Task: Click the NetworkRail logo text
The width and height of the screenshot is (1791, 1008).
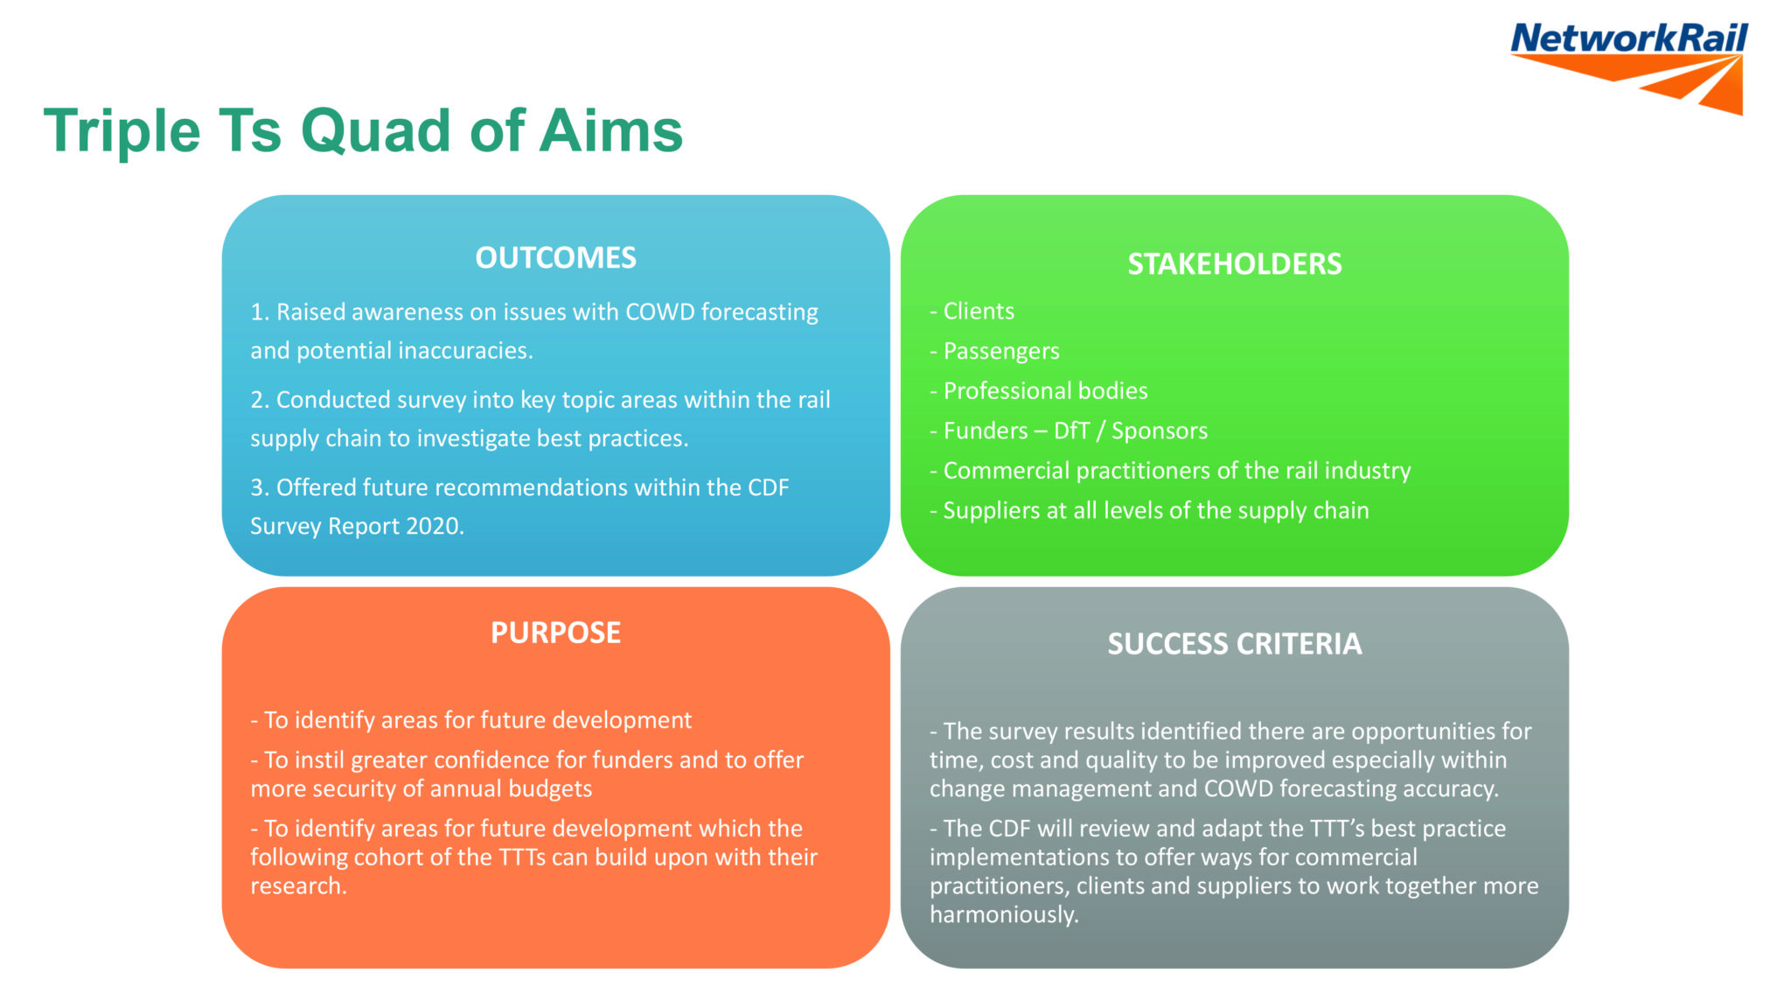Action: [1628, 38]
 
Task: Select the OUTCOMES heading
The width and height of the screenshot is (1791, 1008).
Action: [555, 257]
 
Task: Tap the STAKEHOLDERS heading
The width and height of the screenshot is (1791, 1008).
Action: [1234, 263]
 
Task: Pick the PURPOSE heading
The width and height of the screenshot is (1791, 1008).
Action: [555, 632]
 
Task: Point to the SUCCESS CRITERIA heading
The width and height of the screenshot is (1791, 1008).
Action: [1234, 643]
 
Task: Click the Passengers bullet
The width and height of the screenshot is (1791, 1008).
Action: [994, 351]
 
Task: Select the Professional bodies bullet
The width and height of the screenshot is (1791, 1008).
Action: [1038, 390]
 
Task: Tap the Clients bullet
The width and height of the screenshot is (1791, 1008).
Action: [972, 311]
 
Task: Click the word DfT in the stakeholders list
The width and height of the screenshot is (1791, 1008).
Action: [1071, 430]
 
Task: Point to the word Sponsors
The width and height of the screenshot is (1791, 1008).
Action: [1159, 430]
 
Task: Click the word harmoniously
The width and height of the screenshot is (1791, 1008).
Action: [1004, 914]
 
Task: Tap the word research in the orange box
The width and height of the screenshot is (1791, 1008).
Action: [298, 885]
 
